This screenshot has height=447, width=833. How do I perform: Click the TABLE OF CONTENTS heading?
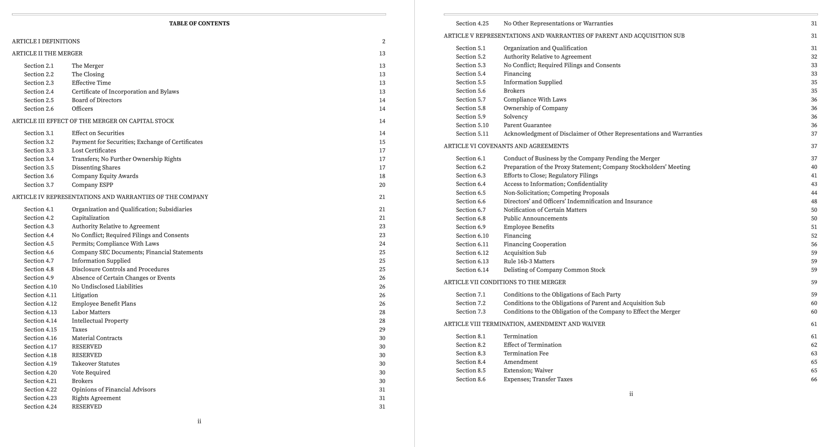click(199, 23)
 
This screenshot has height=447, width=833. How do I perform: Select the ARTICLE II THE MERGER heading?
click(47, 54)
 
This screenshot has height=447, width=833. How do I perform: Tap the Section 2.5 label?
click(39, 100)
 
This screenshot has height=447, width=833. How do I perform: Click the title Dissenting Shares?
click(96, 167)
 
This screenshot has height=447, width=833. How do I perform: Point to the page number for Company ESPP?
click(382, 185)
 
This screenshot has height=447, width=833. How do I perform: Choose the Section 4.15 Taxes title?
click(79, 329)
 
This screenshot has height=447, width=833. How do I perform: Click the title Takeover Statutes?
click(96, 363)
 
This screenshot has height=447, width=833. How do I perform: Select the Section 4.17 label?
click(41, 346)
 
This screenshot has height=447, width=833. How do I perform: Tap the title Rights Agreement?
click(96, 398)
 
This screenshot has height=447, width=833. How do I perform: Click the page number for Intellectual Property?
click(382, 321)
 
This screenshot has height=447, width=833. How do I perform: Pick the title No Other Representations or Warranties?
click(558, 23)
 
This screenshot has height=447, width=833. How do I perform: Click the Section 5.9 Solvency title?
click(515, 116)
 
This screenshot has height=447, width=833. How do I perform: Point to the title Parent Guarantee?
click(528, 125)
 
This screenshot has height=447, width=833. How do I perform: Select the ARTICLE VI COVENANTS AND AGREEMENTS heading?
click(506, 146)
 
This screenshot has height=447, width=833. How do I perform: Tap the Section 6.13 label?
click(472, 261)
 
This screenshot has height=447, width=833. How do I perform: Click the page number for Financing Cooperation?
click(814, 244)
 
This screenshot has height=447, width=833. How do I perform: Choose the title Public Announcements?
click(535, 219)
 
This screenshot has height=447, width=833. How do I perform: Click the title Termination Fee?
click(526, 353)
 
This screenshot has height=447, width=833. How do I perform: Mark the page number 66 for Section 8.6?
click(814, 379)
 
